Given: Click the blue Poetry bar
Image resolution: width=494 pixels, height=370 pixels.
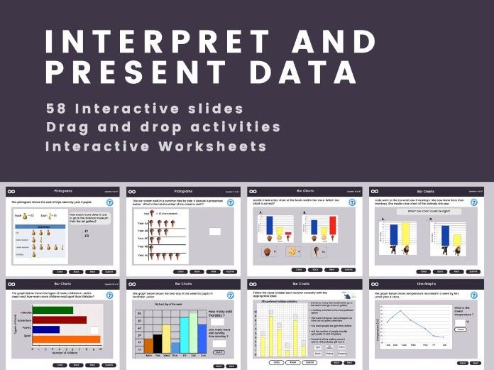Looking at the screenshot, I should point(46,330).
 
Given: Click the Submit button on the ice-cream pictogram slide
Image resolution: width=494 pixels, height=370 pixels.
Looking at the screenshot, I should point(229,271).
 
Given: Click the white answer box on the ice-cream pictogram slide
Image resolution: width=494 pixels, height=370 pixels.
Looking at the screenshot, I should point(215,231).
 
